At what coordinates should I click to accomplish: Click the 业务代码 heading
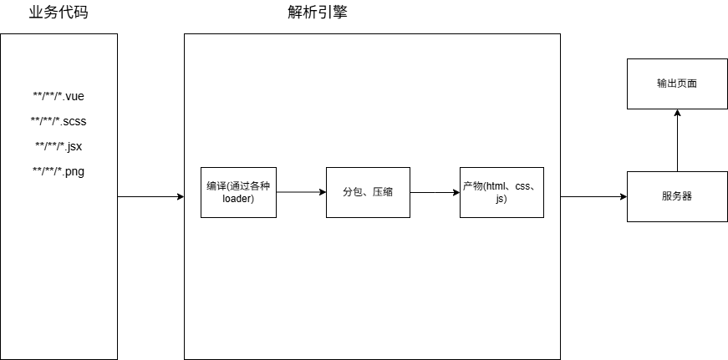click(58, 14)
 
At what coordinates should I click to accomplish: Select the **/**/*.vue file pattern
click(59, 96)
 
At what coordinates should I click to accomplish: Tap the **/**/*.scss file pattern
click(59, 121)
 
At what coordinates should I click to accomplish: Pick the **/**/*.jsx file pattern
click(59, 146)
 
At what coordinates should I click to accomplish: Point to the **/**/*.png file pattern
click(59, 171)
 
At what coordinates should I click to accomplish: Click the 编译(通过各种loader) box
click(238, 192)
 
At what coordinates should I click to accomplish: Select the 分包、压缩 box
click(368, 192)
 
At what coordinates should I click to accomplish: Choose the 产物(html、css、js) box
click(501, 192)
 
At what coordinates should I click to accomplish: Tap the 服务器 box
click(677, 196)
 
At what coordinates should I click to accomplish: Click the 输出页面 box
click(677, 84)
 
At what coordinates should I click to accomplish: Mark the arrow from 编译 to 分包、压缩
click(301, 192)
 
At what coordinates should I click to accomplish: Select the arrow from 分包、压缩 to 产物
click(435, 192)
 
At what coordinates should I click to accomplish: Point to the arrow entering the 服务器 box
click(593, 197)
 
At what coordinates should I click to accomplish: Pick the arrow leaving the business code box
click(150, 197)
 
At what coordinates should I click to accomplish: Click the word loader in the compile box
click(238, 200)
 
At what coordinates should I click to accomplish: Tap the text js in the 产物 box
click(501, 200)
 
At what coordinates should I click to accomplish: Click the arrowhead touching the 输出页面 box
click(677, 114)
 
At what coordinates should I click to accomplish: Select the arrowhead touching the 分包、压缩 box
click(322, 192)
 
